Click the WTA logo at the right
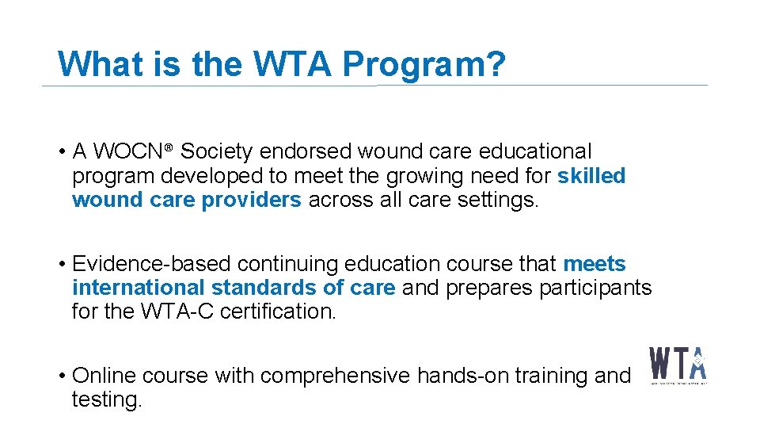(678, 365)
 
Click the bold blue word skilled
(591, 176)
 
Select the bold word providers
(252, 201)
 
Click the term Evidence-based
(151, 264)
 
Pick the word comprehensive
(334, 376)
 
